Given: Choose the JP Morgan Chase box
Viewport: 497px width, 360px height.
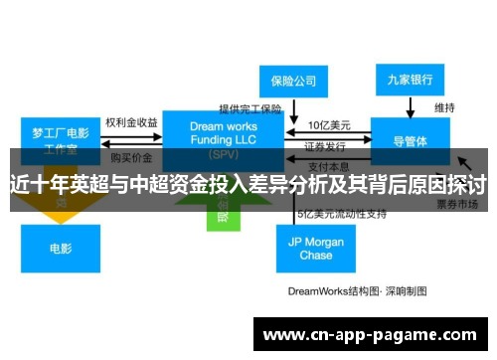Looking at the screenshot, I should tap(316, 248).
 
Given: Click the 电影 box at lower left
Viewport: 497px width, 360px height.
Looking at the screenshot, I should tap(60, 248).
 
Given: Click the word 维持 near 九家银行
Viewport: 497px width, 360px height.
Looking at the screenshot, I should tap(444, 106).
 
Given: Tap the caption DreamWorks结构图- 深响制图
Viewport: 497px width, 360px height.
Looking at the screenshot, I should tap(357, 291).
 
